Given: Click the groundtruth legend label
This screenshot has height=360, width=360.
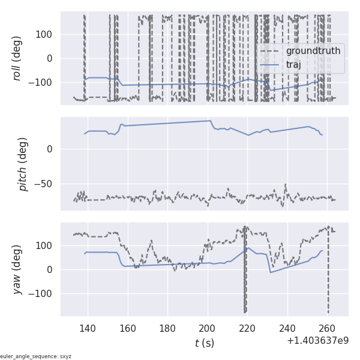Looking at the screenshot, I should tap(313, 51).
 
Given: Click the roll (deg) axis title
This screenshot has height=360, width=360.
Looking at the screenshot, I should tap(17, 58).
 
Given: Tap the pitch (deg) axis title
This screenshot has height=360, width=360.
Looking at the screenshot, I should tap(23, 164).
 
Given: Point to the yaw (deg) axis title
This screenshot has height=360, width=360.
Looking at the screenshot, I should tap(17, 269).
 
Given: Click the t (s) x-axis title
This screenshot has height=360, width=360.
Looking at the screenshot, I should tap(204, 343).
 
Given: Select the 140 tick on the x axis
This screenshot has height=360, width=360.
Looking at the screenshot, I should tap(88, 328).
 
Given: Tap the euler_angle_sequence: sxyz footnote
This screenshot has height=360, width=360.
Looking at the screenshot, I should tap(36, 356).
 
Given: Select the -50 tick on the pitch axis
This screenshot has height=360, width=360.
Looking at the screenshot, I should tap(45, 184).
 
